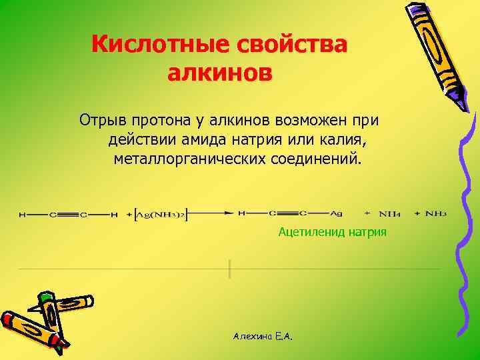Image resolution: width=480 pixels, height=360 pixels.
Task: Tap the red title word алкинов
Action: [219, 72]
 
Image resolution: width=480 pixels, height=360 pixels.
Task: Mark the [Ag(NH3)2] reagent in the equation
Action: [160, 213]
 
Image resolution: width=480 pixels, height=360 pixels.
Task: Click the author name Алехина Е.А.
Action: [263, 337]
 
